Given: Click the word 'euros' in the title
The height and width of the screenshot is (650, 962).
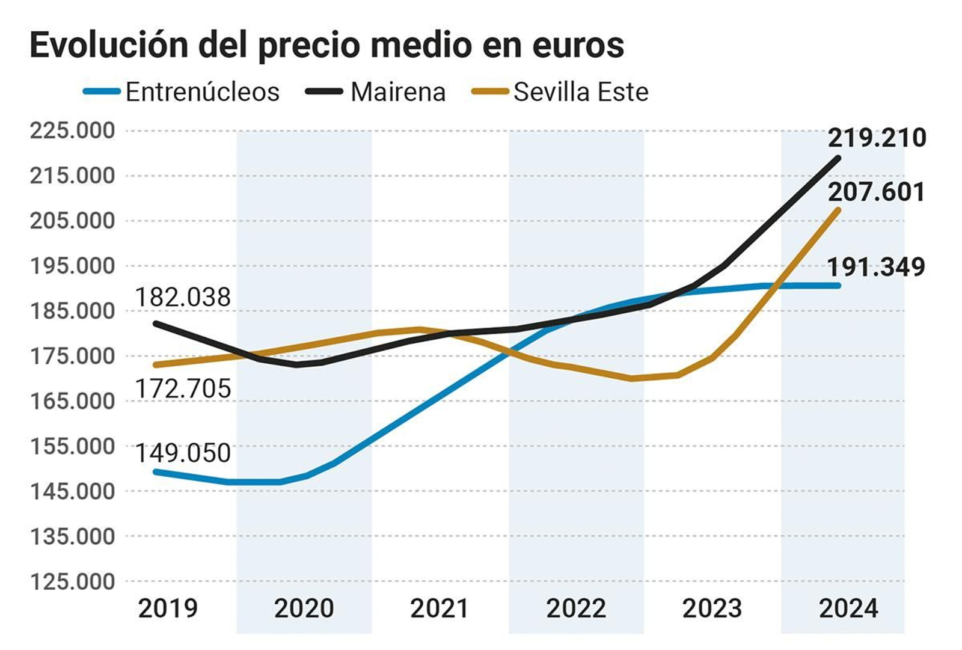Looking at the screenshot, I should point(578,46).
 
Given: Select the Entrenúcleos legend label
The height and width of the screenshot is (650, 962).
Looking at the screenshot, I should point(202,93).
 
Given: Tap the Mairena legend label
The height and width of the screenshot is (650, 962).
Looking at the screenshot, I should point(398,93).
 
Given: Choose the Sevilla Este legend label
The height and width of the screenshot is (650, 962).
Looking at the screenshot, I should point(581,93).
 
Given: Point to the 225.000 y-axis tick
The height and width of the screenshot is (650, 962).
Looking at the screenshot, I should point(72,130).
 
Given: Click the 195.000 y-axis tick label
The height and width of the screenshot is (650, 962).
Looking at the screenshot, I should point(72,266).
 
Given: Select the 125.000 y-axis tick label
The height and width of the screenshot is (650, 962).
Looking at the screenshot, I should point(72,581).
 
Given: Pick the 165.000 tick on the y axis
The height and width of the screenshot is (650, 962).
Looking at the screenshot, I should point(72,401).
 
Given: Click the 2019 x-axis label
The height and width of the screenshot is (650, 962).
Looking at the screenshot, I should point(168,609).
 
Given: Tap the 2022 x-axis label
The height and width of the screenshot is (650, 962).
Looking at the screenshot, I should point(576,609).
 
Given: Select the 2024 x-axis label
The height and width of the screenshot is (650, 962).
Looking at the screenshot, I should point(848,609).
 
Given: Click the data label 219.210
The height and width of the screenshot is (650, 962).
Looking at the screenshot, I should point(877,138).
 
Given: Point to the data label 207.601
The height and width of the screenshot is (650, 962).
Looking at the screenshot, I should point(877,192).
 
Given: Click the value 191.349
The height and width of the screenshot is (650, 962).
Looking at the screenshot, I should point(876,268).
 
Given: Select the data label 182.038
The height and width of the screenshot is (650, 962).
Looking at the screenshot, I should point(183,298).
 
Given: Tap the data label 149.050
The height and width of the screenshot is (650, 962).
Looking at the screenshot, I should point(183,453).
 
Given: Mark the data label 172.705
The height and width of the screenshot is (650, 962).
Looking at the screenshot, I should point(183,389).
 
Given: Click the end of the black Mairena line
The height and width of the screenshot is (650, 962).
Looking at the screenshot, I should point(838,158).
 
